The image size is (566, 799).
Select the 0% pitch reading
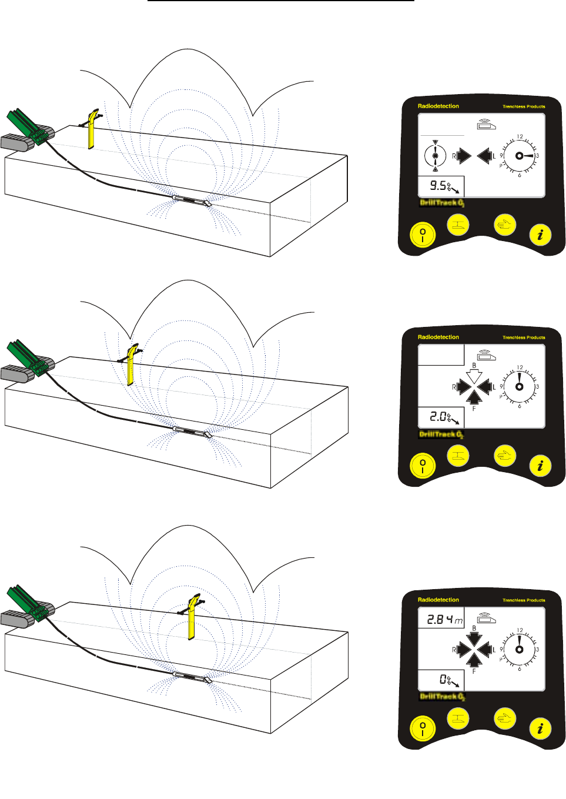(x=446, y=680)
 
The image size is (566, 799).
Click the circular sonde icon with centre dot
(x=435, y=156)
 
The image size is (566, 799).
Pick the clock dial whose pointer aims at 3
(x=520, y=156)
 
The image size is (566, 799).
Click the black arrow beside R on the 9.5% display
(x=464, y=156)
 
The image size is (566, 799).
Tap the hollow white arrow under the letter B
(x=474, y=376)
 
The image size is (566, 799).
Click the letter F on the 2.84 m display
(x=474, y=671)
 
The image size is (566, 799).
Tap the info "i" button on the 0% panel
(x=540, y=729)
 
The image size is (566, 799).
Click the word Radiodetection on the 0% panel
(x=438, y=600)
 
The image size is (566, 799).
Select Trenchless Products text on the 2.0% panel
(x=524, y=337)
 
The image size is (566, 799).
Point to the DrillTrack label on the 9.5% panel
(x=441, y=203)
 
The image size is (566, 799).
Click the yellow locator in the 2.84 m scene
(x=192, y=617)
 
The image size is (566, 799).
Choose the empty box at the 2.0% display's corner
(x=441, y=355)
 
